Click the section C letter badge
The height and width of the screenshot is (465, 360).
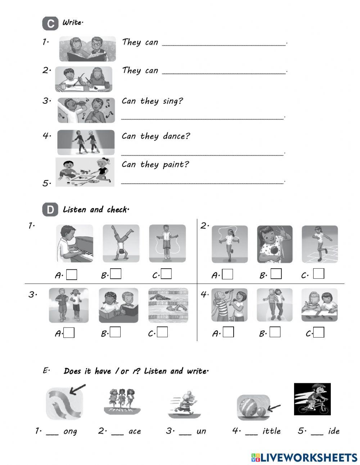pos(50,24)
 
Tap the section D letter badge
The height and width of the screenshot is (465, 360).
pos(50,210)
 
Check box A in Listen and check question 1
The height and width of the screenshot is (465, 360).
pos(72,275)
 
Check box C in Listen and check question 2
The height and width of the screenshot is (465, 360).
pos(319,274)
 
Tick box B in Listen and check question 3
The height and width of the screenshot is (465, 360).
pos(115,332)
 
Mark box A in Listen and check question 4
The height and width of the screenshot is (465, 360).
pos(228,332)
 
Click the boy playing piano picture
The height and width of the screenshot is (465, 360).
pos(75,243)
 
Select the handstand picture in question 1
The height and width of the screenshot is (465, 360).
pos(121,243)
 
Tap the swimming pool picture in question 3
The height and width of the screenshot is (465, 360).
pos(168,305)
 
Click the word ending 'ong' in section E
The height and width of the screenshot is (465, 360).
pos(70,432)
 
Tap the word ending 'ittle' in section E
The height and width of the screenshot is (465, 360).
pos(271,431)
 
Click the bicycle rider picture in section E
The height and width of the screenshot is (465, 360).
pos(312,399)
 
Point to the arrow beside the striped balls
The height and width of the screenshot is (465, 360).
pos(274,407)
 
